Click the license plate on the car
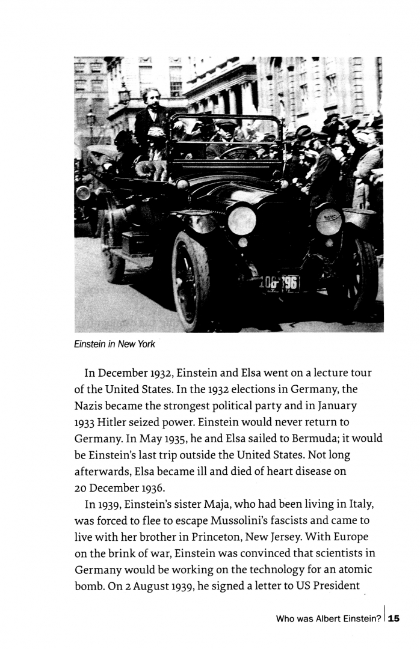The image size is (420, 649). click(x=279, y=283)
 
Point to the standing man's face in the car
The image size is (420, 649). click(x=151, y=99)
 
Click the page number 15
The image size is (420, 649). click(x=394, y=618)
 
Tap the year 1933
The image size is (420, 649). click(x=85, y=422)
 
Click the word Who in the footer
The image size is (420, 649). click(x=286, y=618)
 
